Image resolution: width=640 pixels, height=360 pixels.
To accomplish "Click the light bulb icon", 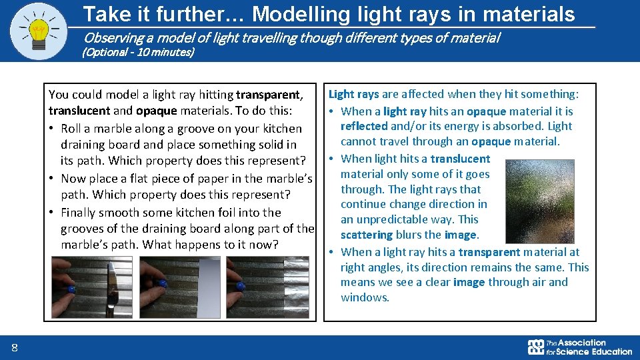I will [39, 30].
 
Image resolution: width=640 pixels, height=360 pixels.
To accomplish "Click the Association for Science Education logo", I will [579, 347].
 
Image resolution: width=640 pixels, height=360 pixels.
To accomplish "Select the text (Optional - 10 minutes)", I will [137, 52].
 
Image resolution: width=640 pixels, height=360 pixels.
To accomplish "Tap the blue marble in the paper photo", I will [162, 283].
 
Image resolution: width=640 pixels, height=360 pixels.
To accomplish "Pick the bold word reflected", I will [364, 126].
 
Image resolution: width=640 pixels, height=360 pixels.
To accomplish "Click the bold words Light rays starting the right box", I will [354, 95].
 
